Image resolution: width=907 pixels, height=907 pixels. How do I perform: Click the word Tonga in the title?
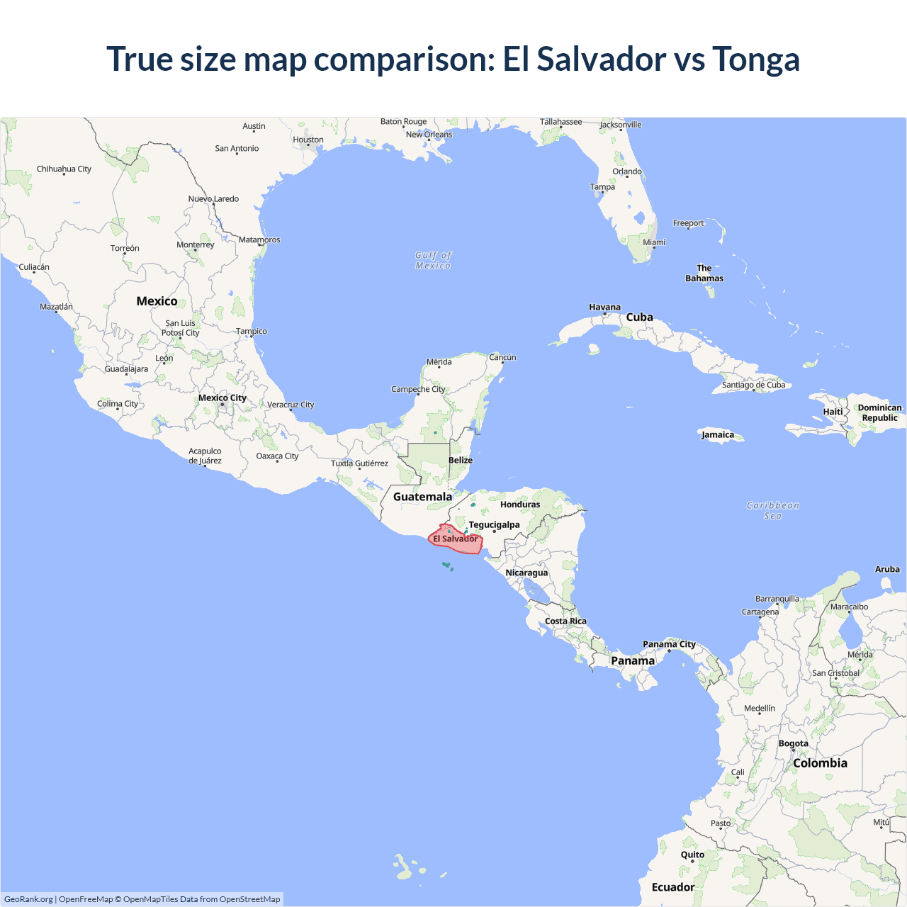755,60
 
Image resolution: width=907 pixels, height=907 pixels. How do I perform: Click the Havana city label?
604,308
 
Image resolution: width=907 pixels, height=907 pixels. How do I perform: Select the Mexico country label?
157,301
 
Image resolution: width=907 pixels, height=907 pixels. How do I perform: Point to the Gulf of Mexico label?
433,260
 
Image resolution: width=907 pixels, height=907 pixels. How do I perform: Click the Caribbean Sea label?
772,510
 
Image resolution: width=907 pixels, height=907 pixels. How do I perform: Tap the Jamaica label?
718,435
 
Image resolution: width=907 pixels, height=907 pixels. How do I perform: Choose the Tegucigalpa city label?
494,525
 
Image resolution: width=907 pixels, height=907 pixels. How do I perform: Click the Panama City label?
669,644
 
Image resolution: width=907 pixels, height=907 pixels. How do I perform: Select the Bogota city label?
793,743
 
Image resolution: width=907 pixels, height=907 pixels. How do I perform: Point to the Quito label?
692,855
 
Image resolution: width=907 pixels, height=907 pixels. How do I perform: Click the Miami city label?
654,242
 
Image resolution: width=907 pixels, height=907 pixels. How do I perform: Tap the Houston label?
308,140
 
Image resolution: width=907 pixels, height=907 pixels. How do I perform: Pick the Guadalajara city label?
126,369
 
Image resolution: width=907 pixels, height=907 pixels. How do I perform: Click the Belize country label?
461,460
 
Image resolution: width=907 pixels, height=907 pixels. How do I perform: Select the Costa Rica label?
565,621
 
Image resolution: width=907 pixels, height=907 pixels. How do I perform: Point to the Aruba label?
887,569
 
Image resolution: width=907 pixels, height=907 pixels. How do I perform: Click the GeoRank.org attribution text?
28,899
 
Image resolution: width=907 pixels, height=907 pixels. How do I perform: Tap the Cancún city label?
502,357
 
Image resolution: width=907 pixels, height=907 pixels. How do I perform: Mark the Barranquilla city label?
777,599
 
